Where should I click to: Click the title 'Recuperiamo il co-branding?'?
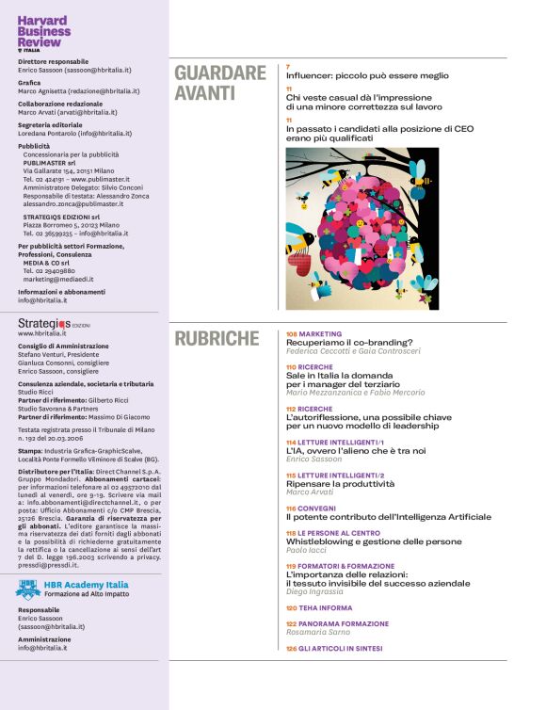(350, 343)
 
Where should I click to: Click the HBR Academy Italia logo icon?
(28, 589)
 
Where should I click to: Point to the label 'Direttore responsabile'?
(54, 60)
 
